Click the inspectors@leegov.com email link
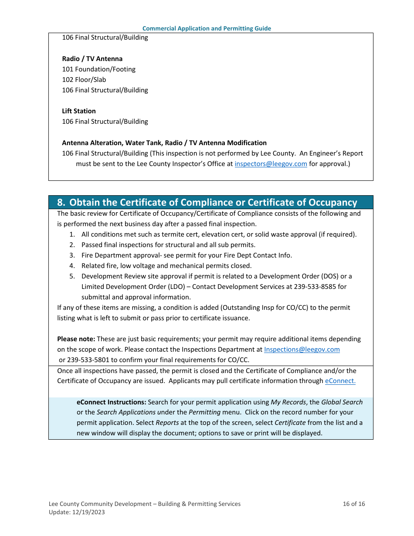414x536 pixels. pos(271,164)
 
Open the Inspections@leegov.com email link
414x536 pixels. pos(302,349)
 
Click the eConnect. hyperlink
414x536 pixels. pos(340,381)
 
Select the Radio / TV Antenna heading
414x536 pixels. pos(92,59)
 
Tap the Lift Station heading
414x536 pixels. pos(79,111)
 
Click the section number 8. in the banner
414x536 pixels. pos(61,203)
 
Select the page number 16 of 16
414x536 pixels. pos(354,504)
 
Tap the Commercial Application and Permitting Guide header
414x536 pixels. pos(207,29)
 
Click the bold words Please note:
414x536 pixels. pos(76,339)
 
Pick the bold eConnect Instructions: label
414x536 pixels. pos(111,402)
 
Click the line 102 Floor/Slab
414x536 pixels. pos(84,80)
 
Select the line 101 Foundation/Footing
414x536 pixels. pos(98,69)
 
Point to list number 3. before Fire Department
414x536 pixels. pos(72,255)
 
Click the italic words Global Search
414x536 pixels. pos(342,402)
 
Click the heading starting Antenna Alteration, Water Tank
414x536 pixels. pos(164,143)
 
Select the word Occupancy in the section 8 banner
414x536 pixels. pos(333,203)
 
